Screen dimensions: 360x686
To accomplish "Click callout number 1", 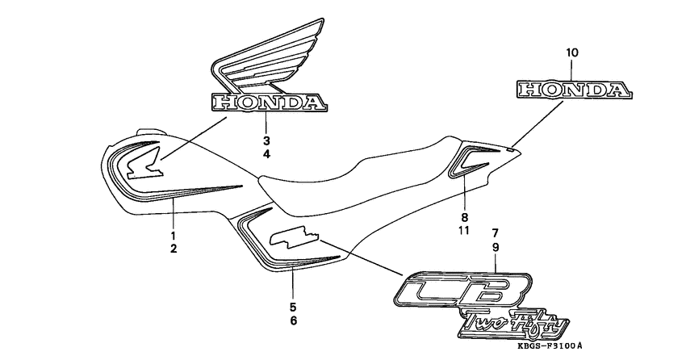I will point(173,235).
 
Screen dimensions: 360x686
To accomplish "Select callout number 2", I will point(173,249).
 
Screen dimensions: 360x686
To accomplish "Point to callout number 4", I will point(266,153).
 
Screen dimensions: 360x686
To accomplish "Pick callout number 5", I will point(293,307).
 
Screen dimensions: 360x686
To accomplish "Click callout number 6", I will point(293,321).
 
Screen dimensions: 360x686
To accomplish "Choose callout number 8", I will point(465,217).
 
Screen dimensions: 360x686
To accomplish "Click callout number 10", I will point(571,53).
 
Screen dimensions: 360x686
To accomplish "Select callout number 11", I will point(465,232).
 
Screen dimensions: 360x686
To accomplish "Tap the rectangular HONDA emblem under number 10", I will point(572,90).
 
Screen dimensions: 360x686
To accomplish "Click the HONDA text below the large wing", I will point(269,103).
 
